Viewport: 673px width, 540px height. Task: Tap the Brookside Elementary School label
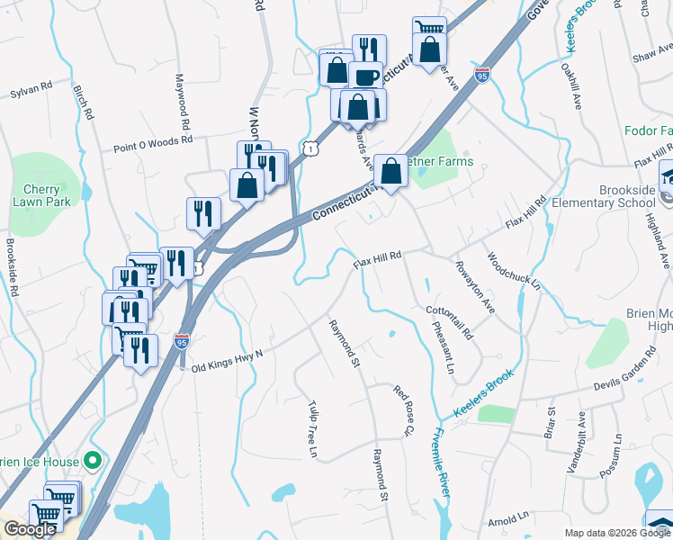tap(628, 196)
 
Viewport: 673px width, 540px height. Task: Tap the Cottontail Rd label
tap(450, 322)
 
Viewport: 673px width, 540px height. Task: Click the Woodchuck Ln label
tap(513, 271)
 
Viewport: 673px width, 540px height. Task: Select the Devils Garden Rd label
tap(633, 378)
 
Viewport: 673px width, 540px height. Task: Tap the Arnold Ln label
tap(508, 520)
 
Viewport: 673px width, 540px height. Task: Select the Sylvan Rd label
tap(32, 92)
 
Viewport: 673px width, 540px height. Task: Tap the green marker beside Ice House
tap(91, 462)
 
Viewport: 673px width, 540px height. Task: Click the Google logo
tap(29, 529)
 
